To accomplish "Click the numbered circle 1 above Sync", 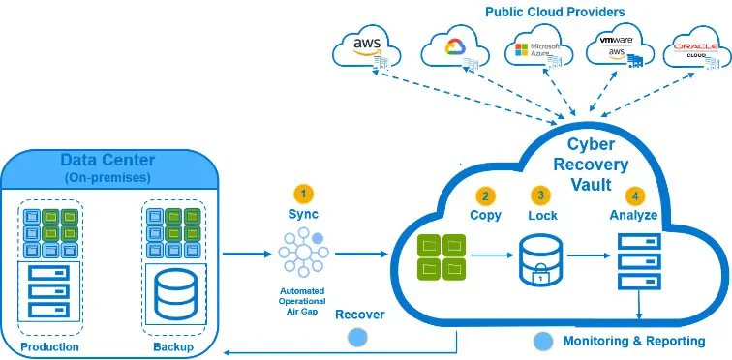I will click(x=303, y=193).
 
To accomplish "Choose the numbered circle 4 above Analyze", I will click(x=634, y=195).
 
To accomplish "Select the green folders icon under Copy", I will click(x=442, y=257).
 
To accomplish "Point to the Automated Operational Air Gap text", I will click(x=303, y=300).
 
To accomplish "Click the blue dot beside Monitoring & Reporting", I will click(x=543, y=341).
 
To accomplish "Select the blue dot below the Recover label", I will click(x=358, y=337).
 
